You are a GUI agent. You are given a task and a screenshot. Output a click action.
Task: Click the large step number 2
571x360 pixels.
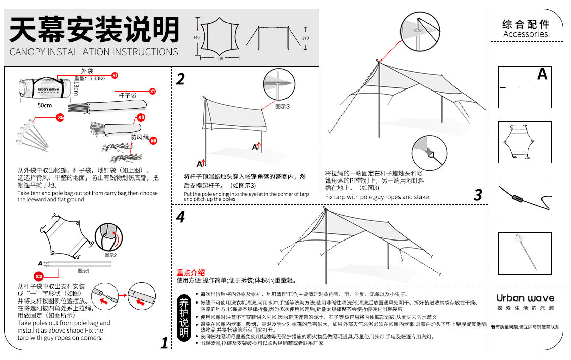tap(180, 79)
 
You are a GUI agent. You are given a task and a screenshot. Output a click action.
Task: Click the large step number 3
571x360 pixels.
tap(477, 195)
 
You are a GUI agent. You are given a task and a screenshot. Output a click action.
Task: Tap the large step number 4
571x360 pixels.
tap(180, 217)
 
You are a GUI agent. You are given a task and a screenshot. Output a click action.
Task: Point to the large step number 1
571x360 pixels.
tap(164, 343)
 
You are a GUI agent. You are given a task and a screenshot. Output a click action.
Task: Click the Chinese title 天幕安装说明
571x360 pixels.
tap(95, 29)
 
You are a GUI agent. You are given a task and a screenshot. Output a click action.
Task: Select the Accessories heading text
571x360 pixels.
tap(525, 34)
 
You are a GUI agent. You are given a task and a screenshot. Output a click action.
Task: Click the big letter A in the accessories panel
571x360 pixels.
tap(542, 75)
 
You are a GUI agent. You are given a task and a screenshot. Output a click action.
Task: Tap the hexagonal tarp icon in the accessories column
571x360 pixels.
tap(525, 142)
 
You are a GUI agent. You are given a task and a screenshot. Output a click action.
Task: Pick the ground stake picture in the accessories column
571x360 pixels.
tap(525, 253)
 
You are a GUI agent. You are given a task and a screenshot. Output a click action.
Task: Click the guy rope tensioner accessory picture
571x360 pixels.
tap(525, 197)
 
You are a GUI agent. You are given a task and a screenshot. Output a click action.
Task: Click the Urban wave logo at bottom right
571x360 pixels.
tap(525, 298)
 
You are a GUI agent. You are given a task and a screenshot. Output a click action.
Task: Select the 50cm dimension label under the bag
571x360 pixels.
tap(45, 106)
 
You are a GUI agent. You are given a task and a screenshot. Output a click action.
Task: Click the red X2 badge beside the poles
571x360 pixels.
tap(39, 276)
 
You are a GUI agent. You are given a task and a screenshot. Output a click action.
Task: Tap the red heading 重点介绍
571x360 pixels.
tap(190, 273)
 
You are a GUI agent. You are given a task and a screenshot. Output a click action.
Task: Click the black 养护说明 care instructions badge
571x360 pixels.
tap(184, 318)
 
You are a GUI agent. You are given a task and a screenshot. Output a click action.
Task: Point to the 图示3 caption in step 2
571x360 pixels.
tap(282, 107)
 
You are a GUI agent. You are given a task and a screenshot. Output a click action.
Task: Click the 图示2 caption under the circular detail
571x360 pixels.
tap(111, 255)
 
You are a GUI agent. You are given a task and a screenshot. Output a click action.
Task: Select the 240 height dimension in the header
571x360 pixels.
tap(305, 38)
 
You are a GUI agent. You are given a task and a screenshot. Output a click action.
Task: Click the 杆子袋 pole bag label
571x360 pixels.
tap(127, 96)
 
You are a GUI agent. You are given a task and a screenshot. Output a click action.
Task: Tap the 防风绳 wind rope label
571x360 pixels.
tap(139, 137)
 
